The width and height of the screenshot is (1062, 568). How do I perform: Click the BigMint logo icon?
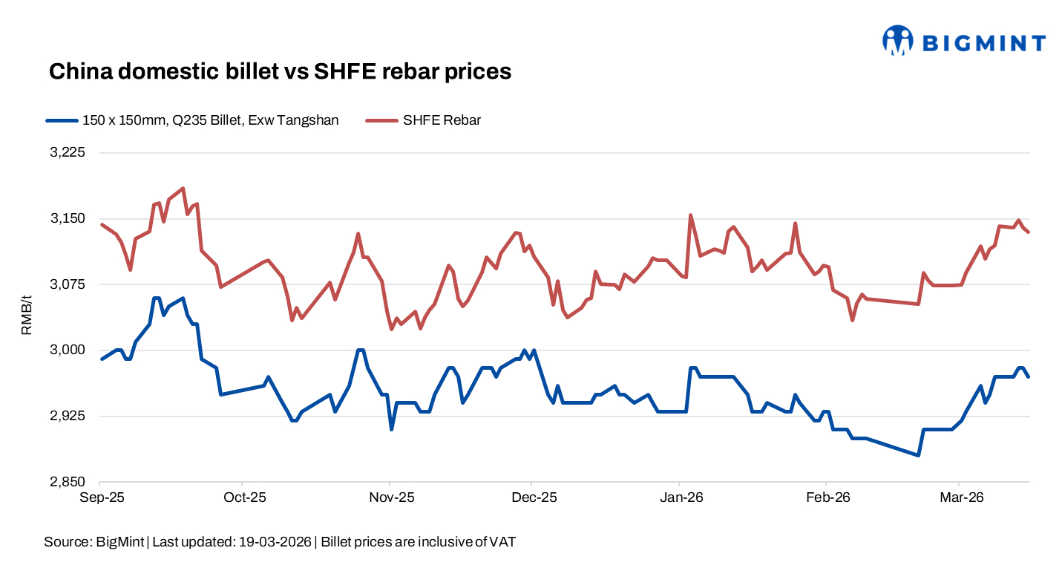pyautogui.click(x=898, y=41)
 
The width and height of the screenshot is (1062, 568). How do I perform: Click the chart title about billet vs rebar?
pyautogui.click(x=280, y=71)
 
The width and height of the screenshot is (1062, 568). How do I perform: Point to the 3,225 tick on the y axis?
pyautogui.click(x=68, y=153)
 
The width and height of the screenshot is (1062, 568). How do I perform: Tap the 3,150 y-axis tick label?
pyautogui.click(x=68, y=219)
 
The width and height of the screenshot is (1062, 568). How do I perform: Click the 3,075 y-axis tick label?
pyautogui.click(x=68, y=284)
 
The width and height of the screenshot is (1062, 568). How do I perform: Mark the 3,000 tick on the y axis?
pyautogui.click(x=68, y=350)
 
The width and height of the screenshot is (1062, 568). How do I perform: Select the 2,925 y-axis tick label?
pyautogui.click(x=68, y=416)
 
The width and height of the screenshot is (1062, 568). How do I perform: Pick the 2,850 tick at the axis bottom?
pyautogui.click(x=68, y=482)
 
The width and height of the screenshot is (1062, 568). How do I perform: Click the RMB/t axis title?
pyautogui.click(x=27, y=316)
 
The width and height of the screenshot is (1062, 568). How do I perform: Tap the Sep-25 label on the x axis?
pyautogui.click(x=101, y=497)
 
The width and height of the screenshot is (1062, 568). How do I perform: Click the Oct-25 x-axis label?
pyautogui.click(x=243, y=497)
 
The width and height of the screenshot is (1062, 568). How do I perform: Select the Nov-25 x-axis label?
pyautogui.click(x=391, y=497)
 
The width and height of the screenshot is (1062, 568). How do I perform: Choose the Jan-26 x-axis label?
pyautogui.click(x=681, y=497)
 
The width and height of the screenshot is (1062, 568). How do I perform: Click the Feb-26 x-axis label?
pyautogui.click(x=827, y=497)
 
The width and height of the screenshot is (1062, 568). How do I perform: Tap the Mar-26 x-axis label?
pyautogui.click(x=960, y=497)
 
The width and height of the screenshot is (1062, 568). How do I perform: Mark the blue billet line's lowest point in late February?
pyautogui.click(x=919, y=455)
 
